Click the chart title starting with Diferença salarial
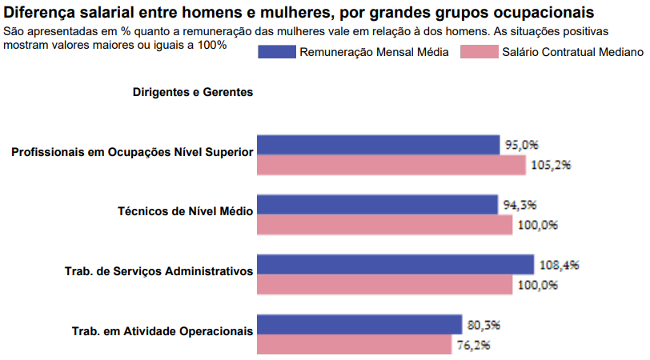coord(299,13)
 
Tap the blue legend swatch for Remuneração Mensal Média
coord(275,52)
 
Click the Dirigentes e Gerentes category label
coord(193,92)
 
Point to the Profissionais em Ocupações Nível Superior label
coord(132,152)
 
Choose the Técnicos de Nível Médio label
coord(185,212)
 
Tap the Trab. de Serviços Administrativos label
coord(158,271)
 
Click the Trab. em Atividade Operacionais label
coord(162,330)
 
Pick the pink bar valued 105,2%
coord(391,165)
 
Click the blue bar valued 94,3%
coord(376,205)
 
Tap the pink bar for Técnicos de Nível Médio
coord(384,225)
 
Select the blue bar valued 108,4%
coord(395,264)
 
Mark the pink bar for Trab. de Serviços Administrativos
coord(384,284)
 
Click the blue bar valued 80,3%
coord(359,324)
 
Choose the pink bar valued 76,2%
coord(353,344)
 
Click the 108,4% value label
coord(558,264)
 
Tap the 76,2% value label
coord(473,345)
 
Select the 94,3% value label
coord(520,205)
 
